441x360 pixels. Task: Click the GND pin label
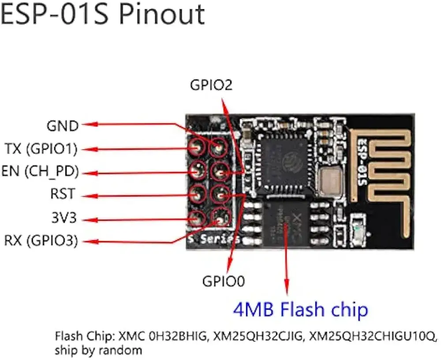click(x=62, y=126)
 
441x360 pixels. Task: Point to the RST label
click(x=63, y=194)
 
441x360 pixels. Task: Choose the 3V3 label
click(x=63, y=218)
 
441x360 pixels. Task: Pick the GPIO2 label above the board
click(x=211, y=85)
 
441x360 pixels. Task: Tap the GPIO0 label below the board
click(x=223, y=281)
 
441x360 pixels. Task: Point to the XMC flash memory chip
click(x=287, y=223)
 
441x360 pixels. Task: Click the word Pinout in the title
click(x=163, y=15)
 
